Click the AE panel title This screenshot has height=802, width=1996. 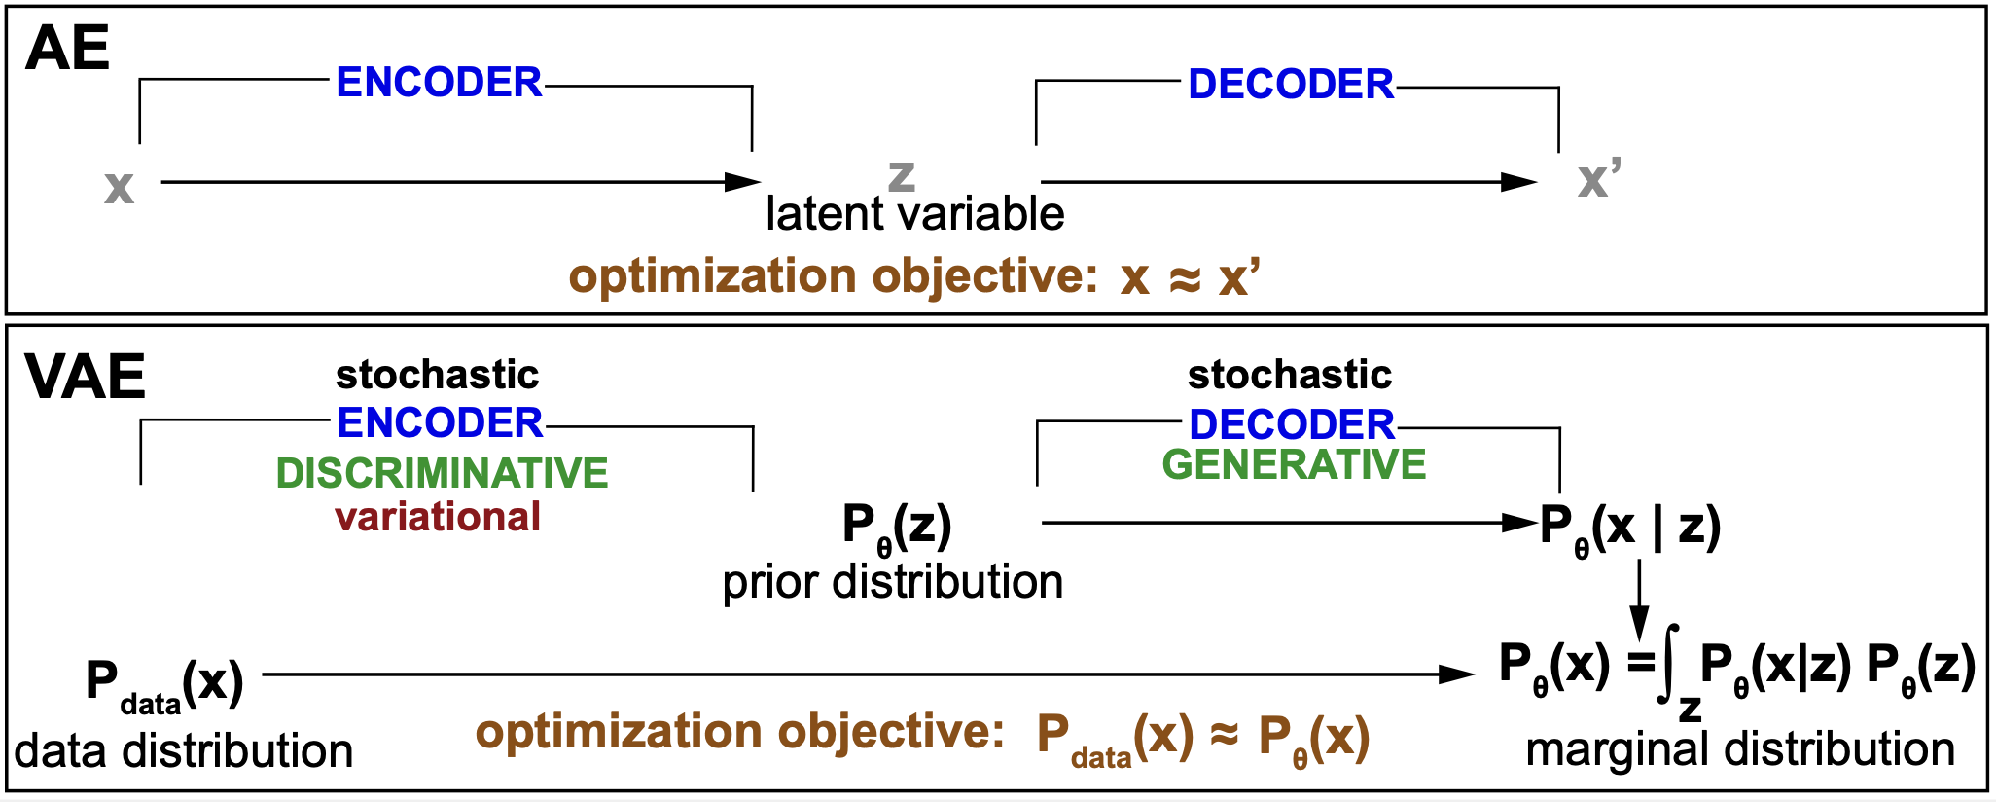(67, 49)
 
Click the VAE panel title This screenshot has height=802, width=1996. (86, 377)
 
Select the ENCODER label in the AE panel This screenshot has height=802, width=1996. (439, 83)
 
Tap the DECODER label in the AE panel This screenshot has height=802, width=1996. (1291, 85)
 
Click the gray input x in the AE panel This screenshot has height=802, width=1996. (119, 186)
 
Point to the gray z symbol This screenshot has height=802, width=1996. (902, 175)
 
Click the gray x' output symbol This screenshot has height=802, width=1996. (1598, 180)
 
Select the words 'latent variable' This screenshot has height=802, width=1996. (914, 214)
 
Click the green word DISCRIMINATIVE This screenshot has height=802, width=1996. (442, 473)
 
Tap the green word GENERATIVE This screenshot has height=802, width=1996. (1294, 464)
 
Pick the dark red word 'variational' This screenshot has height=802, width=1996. (438, 517)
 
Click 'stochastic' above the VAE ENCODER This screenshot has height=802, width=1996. (437, 375)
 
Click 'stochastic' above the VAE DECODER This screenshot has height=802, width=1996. (1290, 375)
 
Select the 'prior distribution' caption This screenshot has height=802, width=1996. (892, 582)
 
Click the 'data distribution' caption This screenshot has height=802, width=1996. (184, 751)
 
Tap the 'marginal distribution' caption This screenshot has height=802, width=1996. (1740, 749)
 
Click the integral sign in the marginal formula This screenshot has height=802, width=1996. (1669, 665)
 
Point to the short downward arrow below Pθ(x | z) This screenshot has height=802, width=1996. (1639, 599)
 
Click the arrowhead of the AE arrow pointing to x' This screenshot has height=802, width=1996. (1519, 182)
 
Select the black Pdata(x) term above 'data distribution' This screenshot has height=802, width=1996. (163, 683)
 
